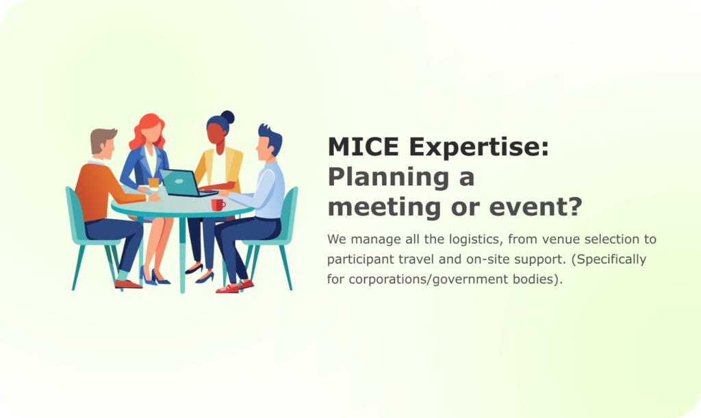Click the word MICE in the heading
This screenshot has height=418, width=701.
[x=364, y=146]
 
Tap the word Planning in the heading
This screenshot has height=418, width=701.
[x=389, y=178]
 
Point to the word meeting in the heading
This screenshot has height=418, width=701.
[x=385, y=208]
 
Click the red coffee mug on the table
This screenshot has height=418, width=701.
[x=218, y=205]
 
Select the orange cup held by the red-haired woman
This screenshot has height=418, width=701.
[x=153, y=183]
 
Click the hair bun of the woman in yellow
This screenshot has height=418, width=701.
[x=227, y=117]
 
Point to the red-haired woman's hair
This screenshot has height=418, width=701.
[x=146, y=130]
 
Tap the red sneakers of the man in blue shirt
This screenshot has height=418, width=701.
[x=235, y=287]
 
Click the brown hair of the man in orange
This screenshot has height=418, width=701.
[x=102, y=138]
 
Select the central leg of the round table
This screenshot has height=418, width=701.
[x=182, y=254]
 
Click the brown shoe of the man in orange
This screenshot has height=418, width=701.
[x=128, y=284]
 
